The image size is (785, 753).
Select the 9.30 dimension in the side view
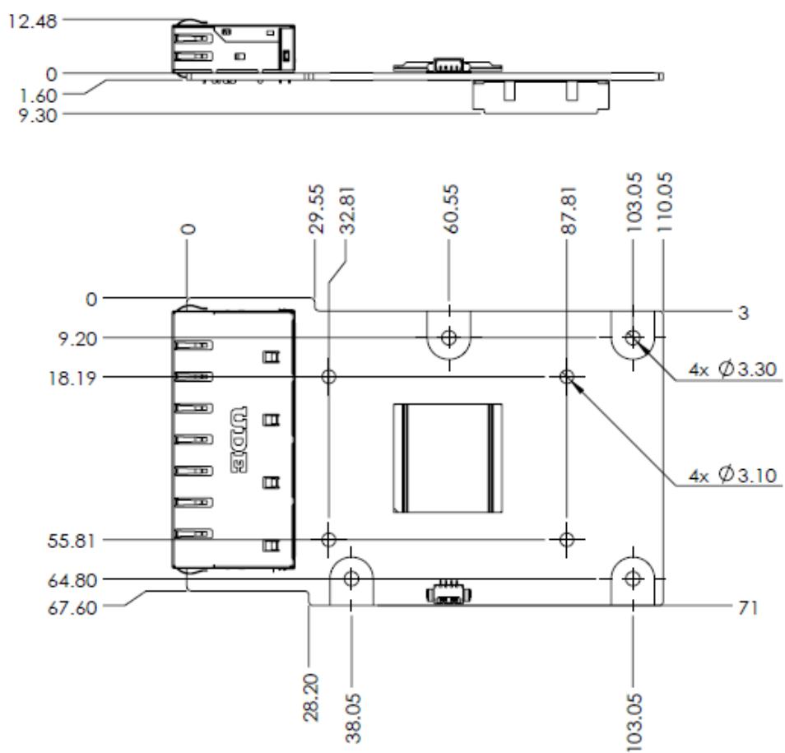point(38,116)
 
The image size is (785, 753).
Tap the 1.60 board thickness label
point(38,95)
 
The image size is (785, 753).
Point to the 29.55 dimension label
point(317,209)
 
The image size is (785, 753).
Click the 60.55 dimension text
point(451,209)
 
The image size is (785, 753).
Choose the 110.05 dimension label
point(664,202)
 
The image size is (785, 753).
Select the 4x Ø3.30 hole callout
point(732,370)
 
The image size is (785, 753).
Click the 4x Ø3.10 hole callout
point(732,475)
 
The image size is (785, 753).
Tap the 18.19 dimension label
point(72,378)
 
